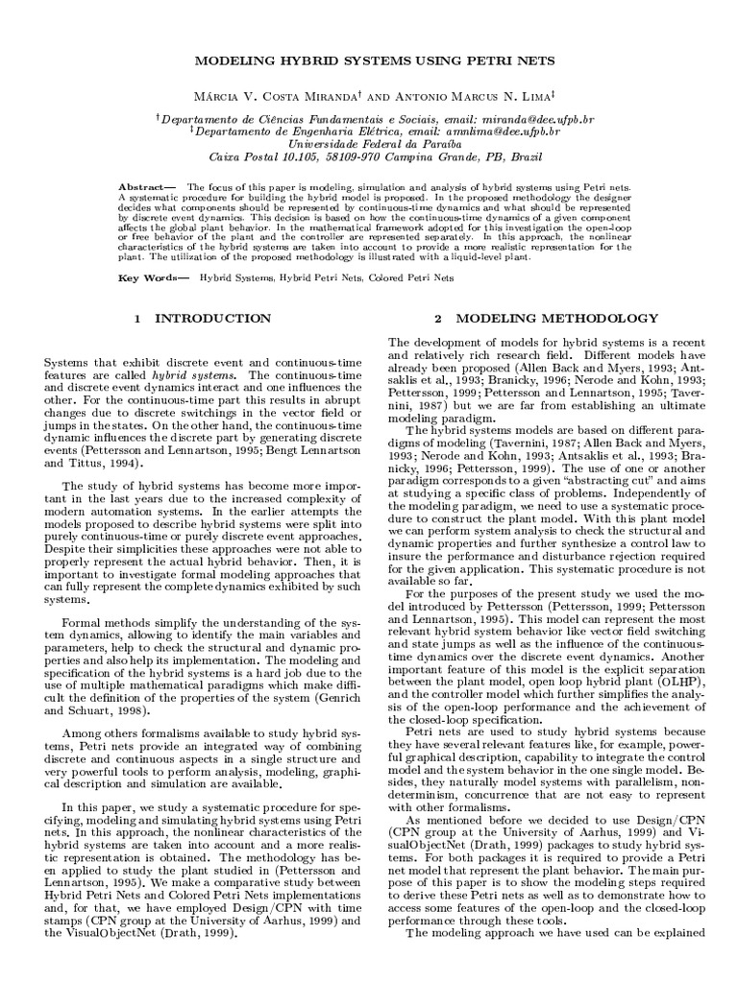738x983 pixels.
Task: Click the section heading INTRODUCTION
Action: [x=213, y=318]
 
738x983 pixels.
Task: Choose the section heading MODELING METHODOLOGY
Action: [x=556, y=318]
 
